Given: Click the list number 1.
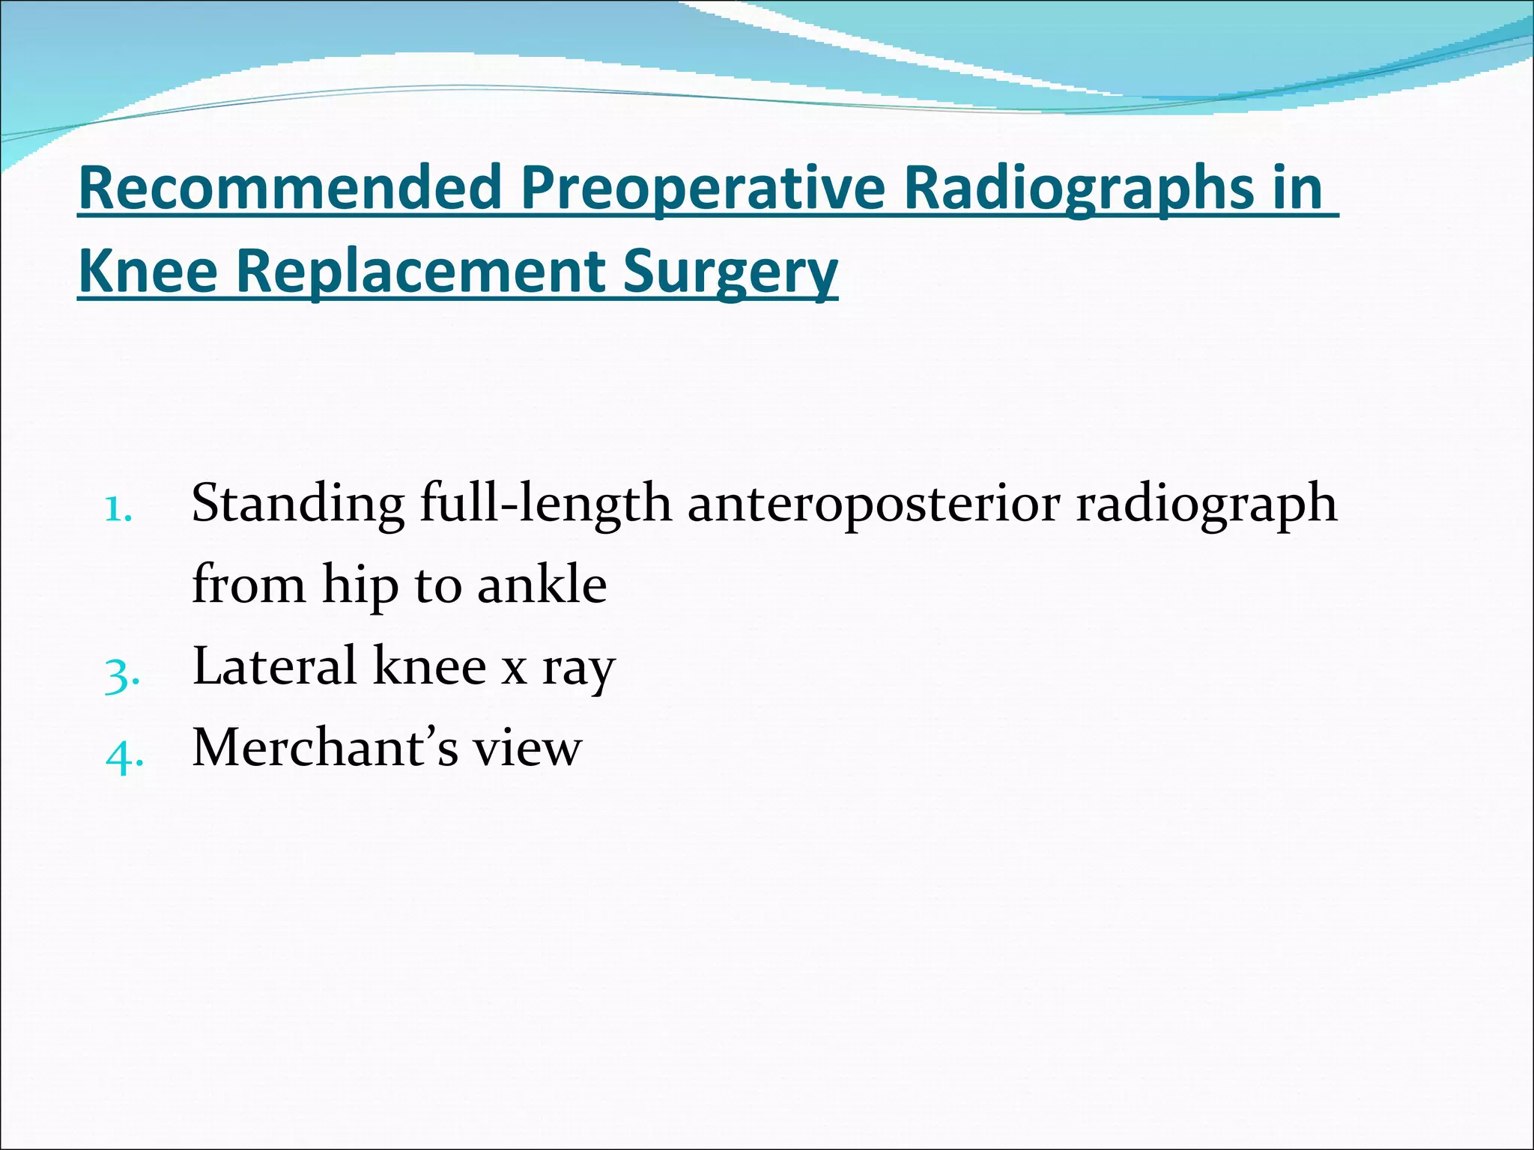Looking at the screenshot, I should click(118, 509).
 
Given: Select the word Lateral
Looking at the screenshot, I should click(274, 666).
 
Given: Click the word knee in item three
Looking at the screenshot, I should click(429, 666).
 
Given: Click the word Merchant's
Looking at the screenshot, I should click(324, 747).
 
